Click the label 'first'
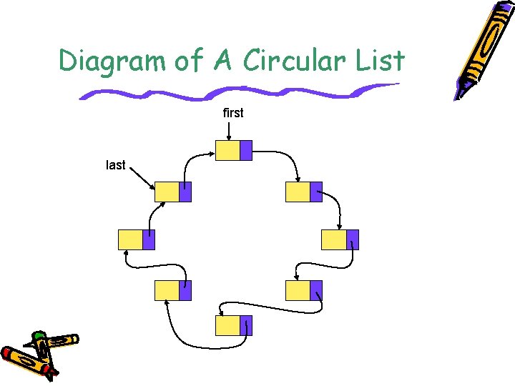tap(233, 113)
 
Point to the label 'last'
tap(115, 165)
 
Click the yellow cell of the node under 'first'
tap(227, 150)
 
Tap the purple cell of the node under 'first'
tap(245, 150)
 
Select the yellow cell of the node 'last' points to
tap(167, 192)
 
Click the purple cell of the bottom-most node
tap(245, 325)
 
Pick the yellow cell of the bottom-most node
tap(227, 325)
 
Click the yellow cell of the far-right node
tap(333, 239)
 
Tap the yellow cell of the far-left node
tap(130, 239)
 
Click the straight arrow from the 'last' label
tap(141, 177)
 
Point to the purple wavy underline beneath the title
tap(236, 92)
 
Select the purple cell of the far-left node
tap(149, 239)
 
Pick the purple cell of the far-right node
tap(352, 239)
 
